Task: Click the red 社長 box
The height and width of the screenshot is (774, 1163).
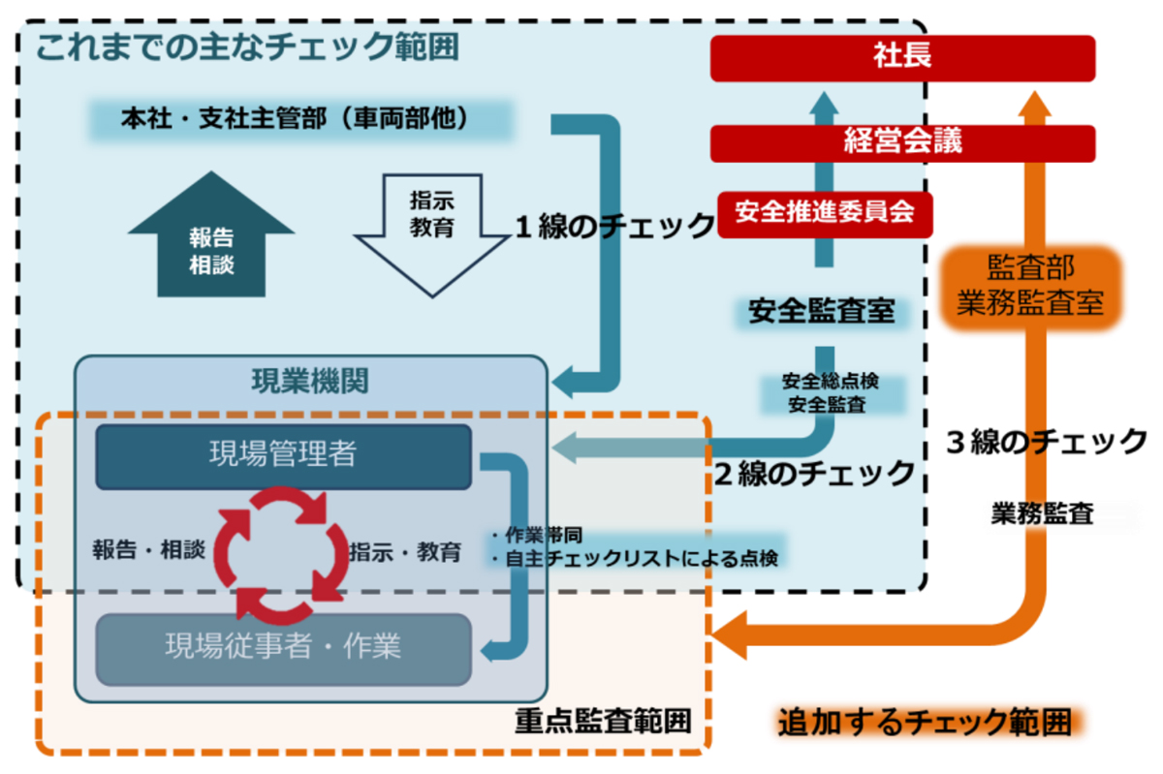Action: coord(902,58)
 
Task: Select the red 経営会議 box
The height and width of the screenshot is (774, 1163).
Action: coord(902,143)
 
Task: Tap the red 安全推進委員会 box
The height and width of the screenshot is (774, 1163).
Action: coord(825,214)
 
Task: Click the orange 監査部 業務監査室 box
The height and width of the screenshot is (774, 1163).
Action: coord(1030,287)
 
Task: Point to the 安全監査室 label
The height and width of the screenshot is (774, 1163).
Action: coord(822,312)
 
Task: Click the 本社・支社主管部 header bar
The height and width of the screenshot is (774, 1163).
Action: coord(301,119)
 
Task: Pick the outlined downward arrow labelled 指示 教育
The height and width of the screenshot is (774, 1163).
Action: coord(432,234)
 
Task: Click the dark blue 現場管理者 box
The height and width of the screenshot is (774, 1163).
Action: coord(283,456)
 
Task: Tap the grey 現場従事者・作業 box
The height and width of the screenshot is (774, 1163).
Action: coord(283,648)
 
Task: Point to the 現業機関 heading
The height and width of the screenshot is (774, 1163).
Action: coord(310,381)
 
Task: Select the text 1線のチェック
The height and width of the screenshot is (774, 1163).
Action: coord(615,227)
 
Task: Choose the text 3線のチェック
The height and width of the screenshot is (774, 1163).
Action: coord(1046,443)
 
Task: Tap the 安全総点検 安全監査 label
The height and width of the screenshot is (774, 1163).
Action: coord(831,393)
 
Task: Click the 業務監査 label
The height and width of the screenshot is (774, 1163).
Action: coord(1043,513)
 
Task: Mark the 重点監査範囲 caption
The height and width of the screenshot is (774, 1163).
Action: coord(603,721)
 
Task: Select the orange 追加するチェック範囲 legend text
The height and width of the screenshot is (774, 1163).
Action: coord(926,722)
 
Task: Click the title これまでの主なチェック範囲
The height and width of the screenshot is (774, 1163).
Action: coord(247,46)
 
